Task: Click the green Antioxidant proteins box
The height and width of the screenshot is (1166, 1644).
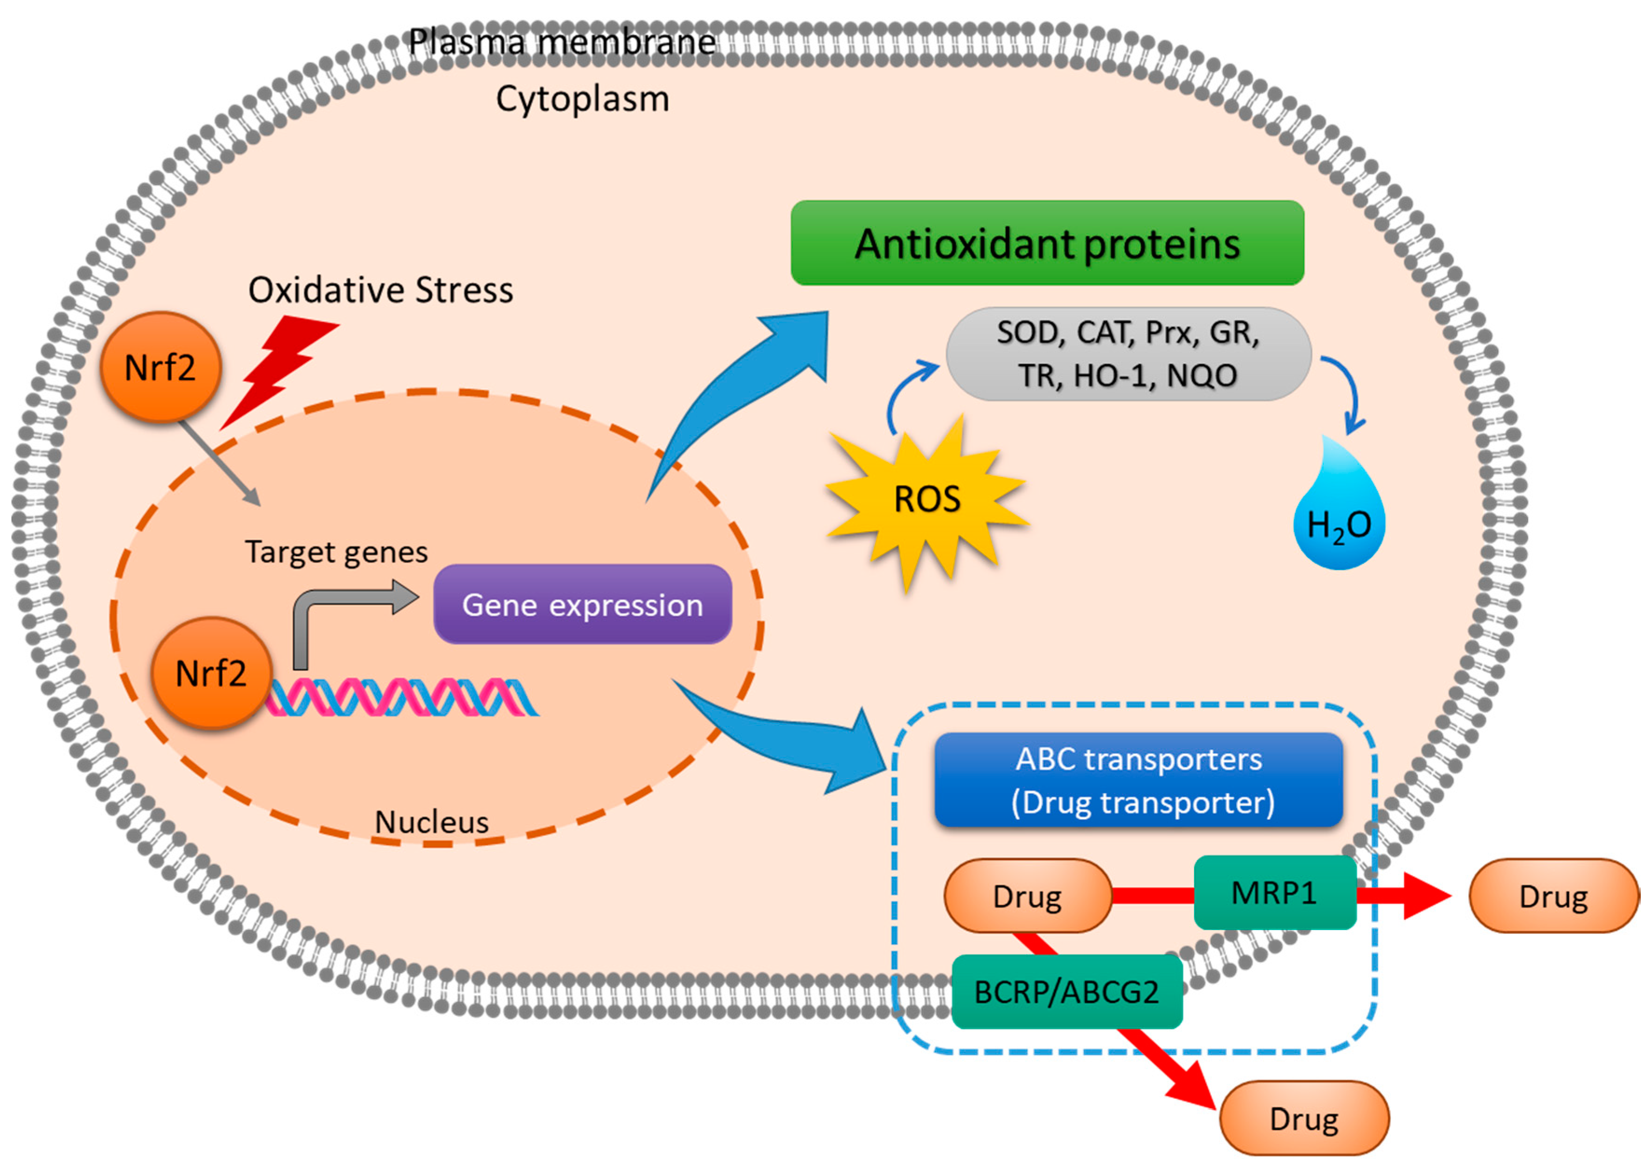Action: click(x=1047, y=243)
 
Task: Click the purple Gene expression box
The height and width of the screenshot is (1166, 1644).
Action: click(x=582, y=605)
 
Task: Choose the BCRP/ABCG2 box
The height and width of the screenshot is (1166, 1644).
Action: click(x=1066, y=992)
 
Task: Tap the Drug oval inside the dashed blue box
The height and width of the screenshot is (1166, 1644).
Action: click(x=1027, y=896)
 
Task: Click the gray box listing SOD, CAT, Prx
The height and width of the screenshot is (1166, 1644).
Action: click(x=1128, y=354)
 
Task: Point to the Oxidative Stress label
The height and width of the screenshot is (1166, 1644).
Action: click(x=380, y=290)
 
